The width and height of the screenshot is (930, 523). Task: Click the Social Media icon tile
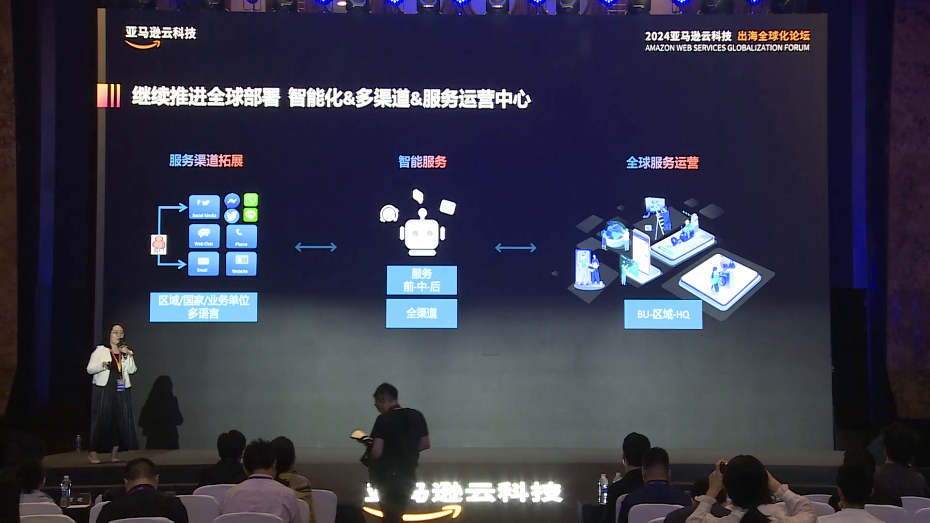[204, 207]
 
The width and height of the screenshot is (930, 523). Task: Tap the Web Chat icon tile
[204, 236]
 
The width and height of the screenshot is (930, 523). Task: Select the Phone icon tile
[241, 236]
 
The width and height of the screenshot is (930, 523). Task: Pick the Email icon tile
[203, 263]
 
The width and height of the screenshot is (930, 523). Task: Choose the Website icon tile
[241, 263]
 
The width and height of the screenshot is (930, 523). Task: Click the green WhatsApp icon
[251, 200]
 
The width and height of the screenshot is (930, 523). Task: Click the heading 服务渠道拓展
[206, 160]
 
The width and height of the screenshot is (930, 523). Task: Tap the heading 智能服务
[422, 162]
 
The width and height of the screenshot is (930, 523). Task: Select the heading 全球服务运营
[662, 163]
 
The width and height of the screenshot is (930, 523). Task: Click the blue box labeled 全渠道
[421, 313]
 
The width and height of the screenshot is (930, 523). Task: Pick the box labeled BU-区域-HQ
[663, 314]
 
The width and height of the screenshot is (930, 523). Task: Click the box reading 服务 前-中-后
[421, 280]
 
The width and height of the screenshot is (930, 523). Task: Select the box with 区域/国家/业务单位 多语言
[203, 307]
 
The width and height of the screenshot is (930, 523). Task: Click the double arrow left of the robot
[316, 247]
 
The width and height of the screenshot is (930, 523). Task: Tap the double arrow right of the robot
[515, 248]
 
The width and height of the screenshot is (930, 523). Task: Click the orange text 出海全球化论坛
[773, 36]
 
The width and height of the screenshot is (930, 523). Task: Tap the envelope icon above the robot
[448, 207]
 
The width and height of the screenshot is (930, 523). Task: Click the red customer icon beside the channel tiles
[159, 244]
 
